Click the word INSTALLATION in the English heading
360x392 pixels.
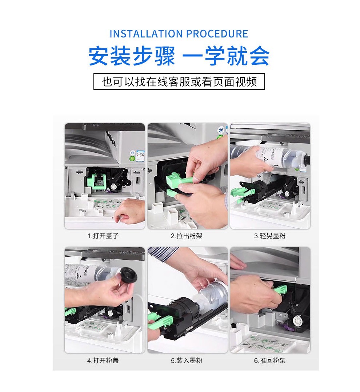pyautogui.click(x=147, y=34)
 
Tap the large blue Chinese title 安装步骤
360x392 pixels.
pyautogui.click(x=132, y=56)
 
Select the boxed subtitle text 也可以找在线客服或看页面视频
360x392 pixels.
pyautogui.click(x=179, y=82)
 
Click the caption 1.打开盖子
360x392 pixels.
pyautogui.click(x=103, y=236)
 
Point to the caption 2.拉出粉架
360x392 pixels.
pyautogui.click(x=187, y=236)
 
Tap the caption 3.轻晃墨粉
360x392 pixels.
pyautogui.click(x=270, y=236)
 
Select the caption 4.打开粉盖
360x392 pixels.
pyautogui.click(x=103, y=360)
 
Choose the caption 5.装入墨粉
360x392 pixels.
pyautogui.click(x=187, y=360)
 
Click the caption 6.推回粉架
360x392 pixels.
pyautogui.click(x=270, y=360)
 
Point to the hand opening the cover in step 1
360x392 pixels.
pyautogui.click(x=130, y=211)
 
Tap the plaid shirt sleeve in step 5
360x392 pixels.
pyautogui.click(x=163, y=253)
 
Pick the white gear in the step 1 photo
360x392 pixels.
pyautogui.click(x=113, y=187)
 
